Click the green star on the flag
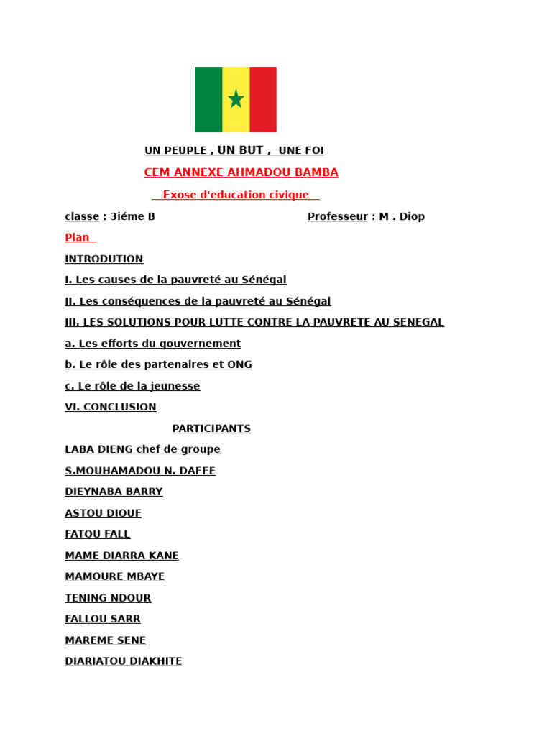point(236,98)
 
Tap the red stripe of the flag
point(263,99)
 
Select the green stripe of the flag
point(208,99)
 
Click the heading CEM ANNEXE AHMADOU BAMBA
point(241,172)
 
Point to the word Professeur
point(338,216)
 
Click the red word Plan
point(78,237)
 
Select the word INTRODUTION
point(104,259)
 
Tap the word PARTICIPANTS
point(211,428)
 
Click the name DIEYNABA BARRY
point(114,492)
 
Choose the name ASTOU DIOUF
point(103,513)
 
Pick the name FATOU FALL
point(98,534)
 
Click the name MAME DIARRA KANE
point(121,556)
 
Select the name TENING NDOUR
point(108,598)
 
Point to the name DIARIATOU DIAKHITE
point(124,661)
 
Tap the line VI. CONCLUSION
point(111,407)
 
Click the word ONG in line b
point(239,364)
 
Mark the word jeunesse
point(174,386)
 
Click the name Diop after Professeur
point(413,216)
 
